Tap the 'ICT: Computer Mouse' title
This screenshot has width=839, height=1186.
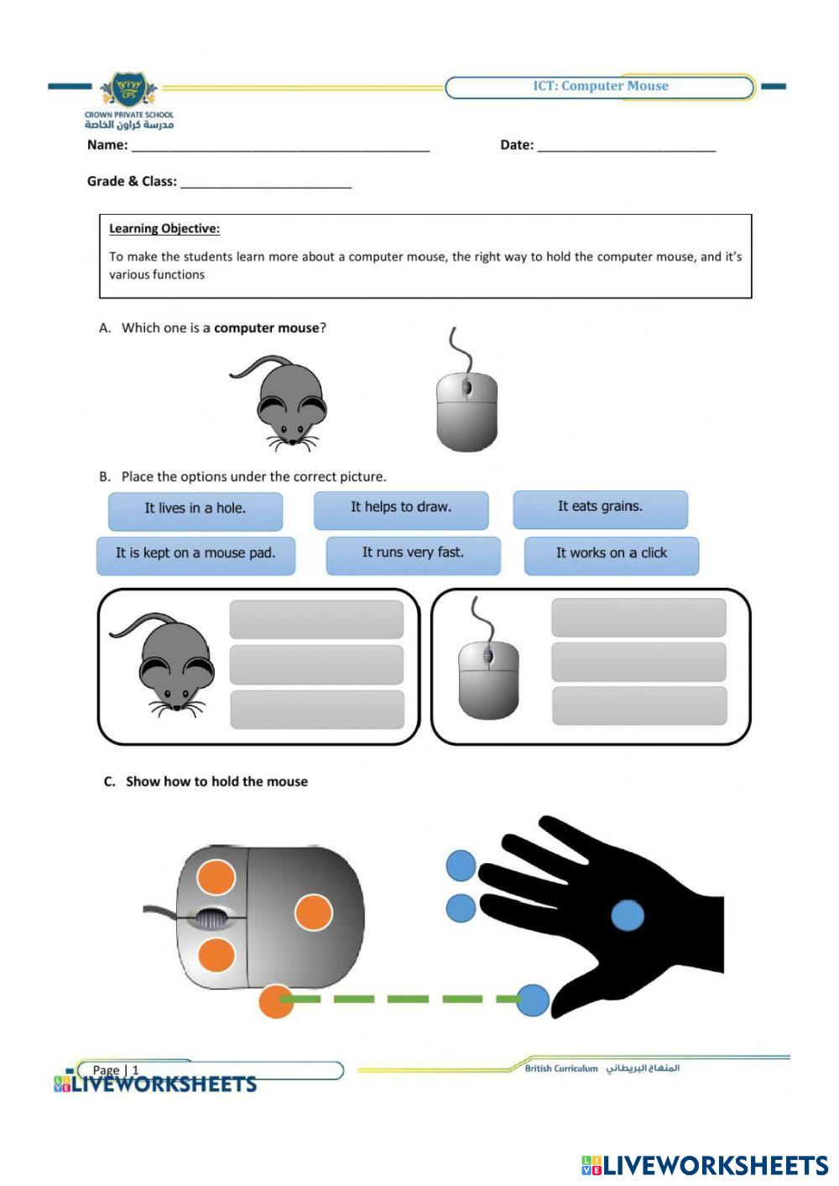(601, 86)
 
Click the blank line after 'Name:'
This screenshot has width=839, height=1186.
(280, 146)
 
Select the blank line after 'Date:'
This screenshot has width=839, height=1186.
(626, 146)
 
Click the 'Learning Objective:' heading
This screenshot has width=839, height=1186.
(164, 228)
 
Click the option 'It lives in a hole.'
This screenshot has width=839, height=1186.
(195, 509)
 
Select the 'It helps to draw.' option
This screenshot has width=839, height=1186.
(401, 508)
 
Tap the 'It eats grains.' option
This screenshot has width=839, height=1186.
(601, 507)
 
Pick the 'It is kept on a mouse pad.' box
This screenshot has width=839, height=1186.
(195, 554)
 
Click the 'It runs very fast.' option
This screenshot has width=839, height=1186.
(413, 554)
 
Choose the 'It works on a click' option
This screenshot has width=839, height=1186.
(612, 554)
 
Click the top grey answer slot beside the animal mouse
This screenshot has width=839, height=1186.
(316, 620)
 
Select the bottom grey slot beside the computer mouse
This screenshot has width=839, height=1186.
(639, 705)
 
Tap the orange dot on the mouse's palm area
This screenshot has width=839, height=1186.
(314, 913)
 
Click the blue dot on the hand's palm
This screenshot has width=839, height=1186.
(628, 915)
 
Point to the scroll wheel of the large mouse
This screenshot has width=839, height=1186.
(211, 919)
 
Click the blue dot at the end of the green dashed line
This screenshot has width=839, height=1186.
(533, 1000)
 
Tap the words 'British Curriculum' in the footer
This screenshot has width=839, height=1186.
(561, 1069)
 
